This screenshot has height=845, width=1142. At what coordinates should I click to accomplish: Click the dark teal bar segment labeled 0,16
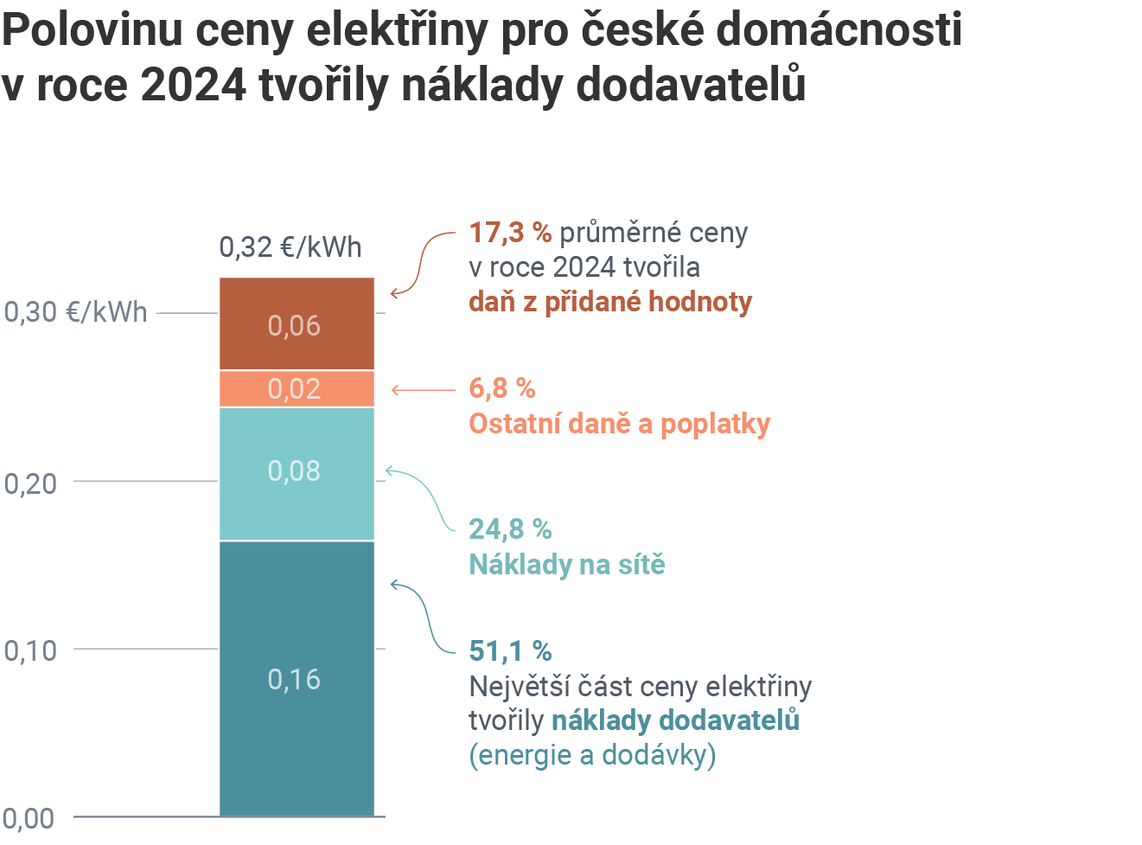pyautogui.click(x=297, y=678)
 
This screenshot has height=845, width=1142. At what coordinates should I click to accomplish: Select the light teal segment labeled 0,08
pyautogui.click(x=297, y=473)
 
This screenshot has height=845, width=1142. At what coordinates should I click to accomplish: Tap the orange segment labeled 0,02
pyautogui.click(x=297, y=389)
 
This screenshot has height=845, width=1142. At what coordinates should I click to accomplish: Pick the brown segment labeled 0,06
pyautogui.click(x=297, y=324)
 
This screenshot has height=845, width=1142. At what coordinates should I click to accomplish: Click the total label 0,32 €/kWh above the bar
pyautogui.click(x=290, y=247)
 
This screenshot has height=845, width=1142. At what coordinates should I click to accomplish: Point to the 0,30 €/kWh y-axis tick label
pyautogui.click(x=76, y=312)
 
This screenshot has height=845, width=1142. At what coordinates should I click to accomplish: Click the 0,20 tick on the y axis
pyautogui.click(x=31, y=483)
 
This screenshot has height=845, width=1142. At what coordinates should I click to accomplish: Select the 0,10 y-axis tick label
pyautogui.click(x=31, y=650)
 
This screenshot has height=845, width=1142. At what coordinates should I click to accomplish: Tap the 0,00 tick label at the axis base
pyautogui.click(x=29, y=818)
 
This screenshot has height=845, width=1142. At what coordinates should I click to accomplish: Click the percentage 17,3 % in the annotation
pyautogui.click(x=510, y=233)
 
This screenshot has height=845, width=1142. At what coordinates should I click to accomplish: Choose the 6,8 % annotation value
pyautogui.click(x=502, y=388)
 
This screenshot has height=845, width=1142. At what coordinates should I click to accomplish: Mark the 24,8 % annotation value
pyautogui.click(x=510, y=528)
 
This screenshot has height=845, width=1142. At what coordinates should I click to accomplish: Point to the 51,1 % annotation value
pyautogui.click(x=510, y=650)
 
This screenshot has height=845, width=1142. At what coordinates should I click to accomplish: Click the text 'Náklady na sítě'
pyautogui.click(x=567, y=565)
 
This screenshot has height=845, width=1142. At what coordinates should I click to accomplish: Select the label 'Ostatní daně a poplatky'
pyautogui.click(x=619, y=424)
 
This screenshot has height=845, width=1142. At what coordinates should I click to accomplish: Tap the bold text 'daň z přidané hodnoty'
pyautogui.click(x=610, y=302)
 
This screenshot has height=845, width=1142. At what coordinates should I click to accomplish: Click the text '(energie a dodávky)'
pyautogui.click(x=592, y=755)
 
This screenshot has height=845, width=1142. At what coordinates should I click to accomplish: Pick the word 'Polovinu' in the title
pyautogui.click(x=93, y=29)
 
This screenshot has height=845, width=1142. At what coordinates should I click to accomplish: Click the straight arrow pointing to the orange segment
pyautogui.click(x=423, y=390)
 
